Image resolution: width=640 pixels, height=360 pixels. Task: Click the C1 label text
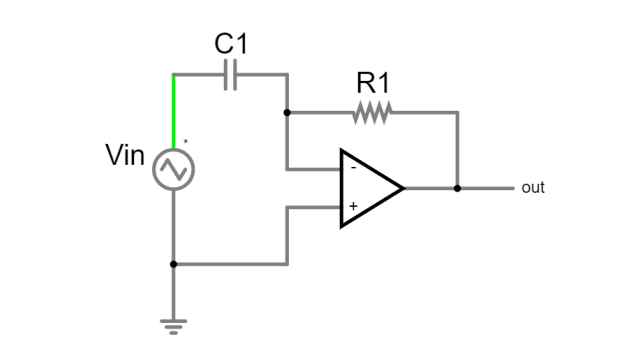pyautogui.click(x=231, y=44)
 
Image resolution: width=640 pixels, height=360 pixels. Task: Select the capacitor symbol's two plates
pyautogui.click(x=231, y=75)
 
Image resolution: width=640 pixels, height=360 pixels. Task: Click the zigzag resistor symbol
pyautogui.click(x=371, y=113)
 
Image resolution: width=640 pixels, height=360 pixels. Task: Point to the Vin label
pyautogui.click(x=125, y=156)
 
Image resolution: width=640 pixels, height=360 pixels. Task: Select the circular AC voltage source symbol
pyautogui.click(x=173, y=169)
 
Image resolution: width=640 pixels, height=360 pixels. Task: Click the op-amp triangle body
pyautogui.click(x=367, y=188)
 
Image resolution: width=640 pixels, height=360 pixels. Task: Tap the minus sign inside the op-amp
pyautogui.click(x=352, y=168)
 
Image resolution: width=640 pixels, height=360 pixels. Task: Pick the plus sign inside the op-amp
pyautogui.click(x=352, y=207)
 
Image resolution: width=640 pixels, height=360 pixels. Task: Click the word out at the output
pyautogui.click(x=533, y=188)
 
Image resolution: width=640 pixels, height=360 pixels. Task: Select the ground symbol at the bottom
pyautogui.click(x=173, y=323)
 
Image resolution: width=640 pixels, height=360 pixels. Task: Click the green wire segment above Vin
pyautogui.click(x=173, y=110)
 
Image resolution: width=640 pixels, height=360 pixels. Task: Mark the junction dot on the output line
pyautogui.click(x=457, y=188)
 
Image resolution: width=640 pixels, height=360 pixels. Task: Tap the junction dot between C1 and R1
pyautogui.click(x=287, y=113)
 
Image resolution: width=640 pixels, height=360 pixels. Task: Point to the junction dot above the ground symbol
pyautogui.click(x=173, y=265)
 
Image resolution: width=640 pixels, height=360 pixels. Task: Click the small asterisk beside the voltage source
pyautogui.click(x=185, y=143)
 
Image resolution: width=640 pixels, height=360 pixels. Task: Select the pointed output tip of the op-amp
pyautogui.click(x=402, y=188)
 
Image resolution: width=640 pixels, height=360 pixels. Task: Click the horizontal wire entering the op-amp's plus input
pyautogui.click(x=314, y=208)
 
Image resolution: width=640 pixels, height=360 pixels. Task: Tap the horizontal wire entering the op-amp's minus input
pyautogui.click(x=314, y=168)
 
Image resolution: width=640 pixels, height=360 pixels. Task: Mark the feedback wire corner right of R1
pyautogui.click(x=457, y=113)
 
